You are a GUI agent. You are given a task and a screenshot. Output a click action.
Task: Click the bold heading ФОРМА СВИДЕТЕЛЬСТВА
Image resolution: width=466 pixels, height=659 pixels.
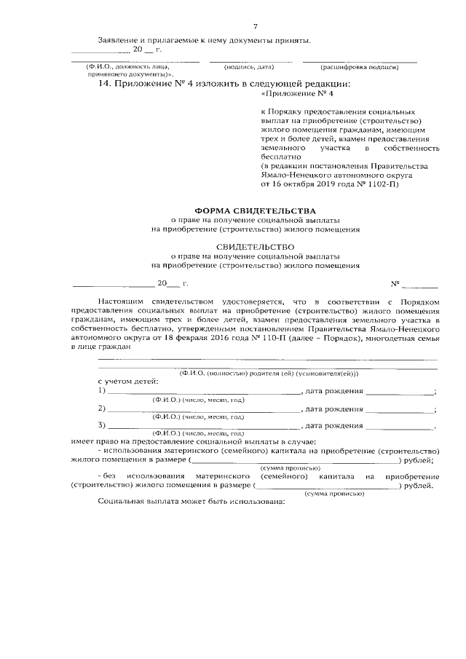(255, 210)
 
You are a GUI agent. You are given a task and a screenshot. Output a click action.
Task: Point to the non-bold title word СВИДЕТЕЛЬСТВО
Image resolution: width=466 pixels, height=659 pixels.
(255, 247)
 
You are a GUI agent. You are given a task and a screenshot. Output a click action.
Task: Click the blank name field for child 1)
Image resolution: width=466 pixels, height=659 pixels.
(203, 391)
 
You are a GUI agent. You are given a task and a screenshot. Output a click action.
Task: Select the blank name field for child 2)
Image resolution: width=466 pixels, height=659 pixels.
(203, 409)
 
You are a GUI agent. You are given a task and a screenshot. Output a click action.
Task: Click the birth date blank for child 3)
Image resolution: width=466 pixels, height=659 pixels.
(398, 425)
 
